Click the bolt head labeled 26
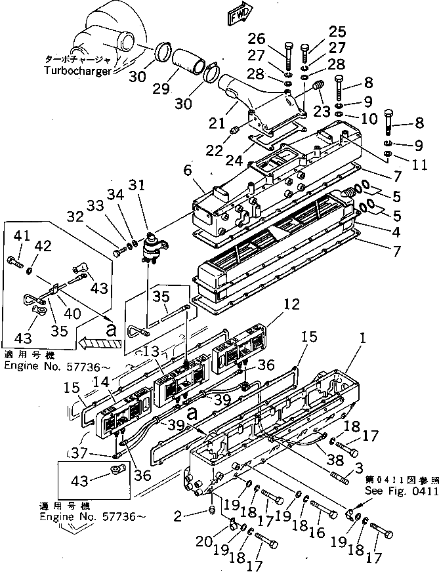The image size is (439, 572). [x=288, y=47]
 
